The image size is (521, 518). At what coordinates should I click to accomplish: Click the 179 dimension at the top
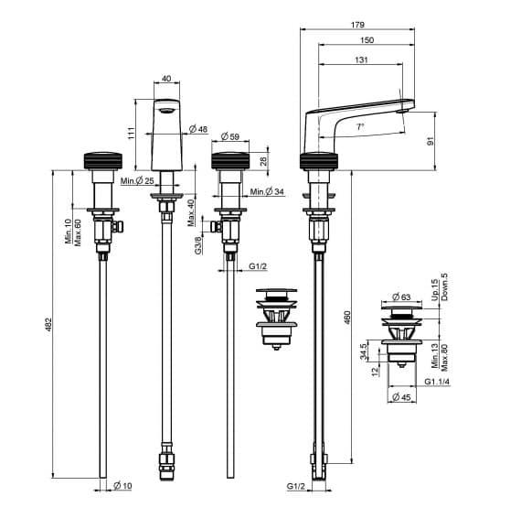coord(357,25)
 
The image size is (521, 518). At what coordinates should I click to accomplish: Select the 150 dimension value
coord(367,40)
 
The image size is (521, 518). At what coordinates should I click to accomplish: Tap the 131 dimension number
coord(362,59)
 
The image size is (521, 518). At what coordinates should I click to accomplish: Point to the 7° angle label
coord(360,127)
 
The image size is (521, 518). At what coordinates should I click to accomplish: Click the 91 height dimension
coord(431,141)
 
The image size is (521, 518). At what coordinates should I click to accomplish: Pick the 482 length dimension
coord(48,325)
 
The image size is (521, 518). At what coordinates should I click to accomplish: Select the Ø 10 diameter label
coord(122,486)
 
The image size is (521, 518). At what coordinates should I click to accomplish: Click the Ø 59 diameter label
coord(230,136)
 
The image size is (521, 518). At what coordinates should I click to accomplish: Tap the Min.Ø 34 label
coord(267,191)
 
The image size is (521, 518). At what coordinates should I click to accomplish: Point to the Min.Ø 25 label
coord(137,181)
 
